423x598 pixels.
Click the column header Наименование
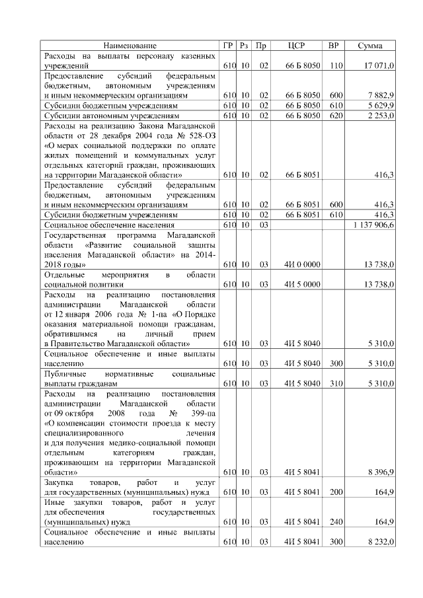(130, 46)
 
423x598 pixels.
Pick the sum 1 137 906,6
(373, 225)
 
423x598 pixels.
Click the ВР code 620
(336, 115)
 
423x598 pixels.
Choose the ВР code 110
(336, 67)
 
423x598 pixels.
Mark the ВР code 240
(336, 521)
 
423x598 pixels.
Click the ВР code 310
(336, 383)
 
